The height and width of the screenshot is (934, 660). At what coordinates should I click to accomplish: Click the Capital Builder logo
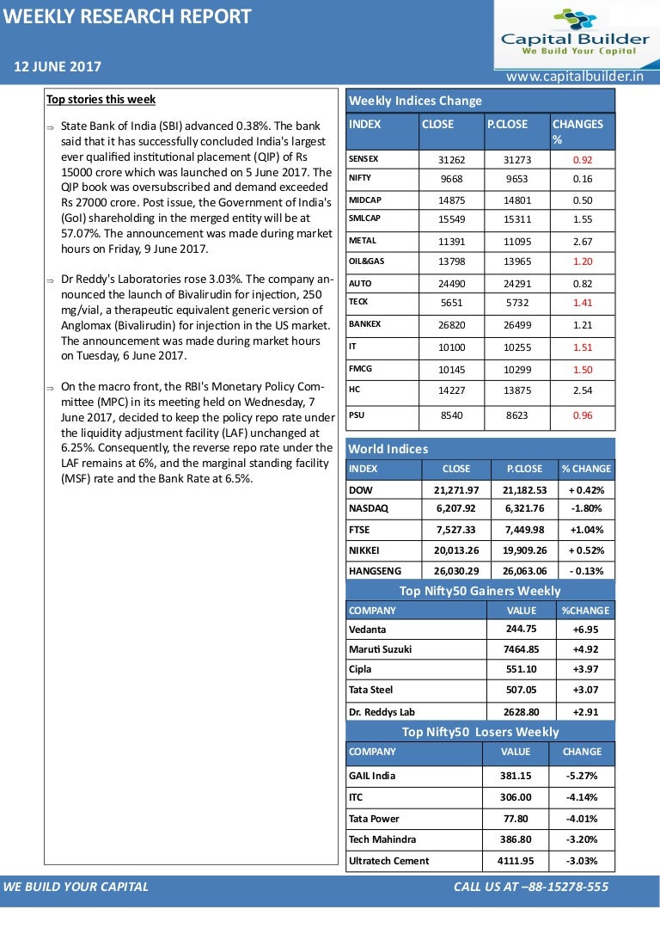[x=575, y=33]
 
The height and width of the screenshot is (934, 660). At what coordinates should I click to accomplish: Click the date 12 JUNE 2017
[x=57, y=67]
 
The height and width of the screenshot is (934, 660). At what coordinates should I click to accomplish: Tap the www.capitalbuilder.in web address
[x=575, y=77]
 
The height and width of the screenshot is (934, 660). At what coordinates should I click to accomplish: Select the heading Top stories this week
[x=101, y=100]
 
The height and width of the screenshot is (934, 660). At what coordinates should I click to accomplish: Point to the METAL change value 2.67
[x=582, y=242]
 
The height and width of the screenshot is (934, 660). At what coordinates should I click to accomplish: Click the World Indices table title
[x=388, y=449]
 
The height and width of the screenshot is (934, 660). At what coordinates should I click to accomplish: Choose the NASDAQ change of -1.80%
[x=586, y=508]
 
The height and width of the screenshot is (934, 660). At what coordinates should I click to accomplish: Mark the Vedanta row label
[x=367, y=630]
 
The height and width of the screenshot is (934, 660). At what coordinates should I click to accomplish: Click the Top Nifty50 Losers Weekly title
[x=480, y=732]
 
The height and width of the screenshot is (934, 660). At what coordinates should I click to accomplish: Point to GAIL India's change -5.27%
[x=581, y=776]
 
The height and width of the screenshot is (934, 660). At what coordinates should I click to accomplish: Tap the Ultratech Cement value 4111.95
[x=515, y=861]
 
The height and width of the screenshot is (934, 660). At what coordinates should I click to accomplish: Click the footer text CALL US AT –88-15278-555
[x=530, y=887]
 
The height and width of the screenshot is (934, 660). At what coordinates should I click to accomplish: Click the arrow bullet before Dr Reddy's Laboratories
[x=52, y=280]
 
